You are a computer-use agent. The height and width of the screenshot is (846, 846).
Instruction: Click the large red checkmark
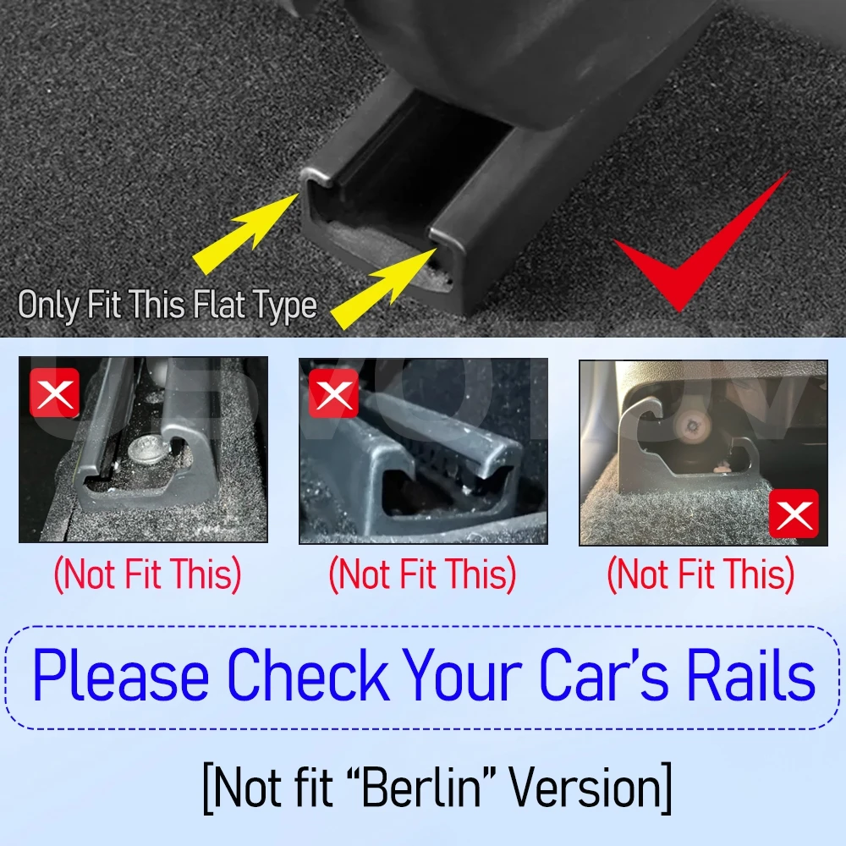(694, 254)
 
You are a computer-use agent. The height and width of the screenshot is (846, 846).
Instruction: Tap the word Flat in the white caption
(219, 305)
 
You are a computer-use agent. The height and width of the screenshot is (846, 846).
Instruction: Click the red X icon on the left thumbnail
(54, 393)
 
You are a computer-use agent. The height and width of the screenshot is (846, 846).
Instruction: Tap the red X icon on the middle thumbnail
(333, 394)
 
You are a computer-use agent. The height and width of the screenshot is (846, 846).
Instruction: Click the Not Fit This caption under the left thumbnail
(148, 575)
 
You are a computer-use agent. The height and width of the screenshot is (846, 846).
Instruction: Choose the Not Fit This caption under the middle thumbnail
(422, 575)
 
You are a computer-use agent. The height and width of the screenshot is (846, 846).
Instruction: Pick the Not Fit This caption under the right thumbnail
(701, 575)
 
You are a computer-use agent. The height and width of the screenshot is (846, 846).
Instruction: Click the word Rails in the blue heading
(753, 677)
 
